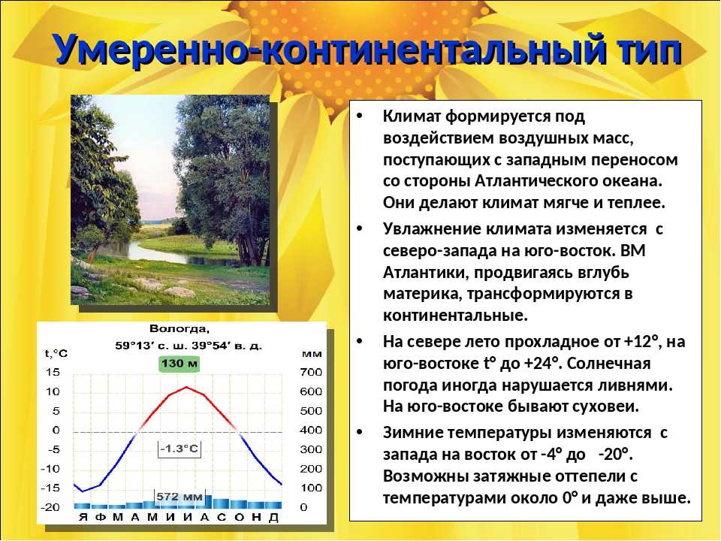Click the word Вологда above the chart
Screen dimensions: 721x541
tap(179, 329)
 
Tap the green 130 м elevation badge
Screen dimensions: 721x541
tap(179, 364)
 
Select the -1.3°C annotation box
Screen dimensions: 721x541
tap(179, 449)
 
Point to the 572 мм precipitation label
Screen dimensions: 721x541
tap(179, 497)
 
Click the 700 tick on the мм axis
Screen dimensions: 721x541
tap(311, 372)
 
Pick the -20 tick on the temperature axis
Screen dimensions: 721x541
tap(50, 507)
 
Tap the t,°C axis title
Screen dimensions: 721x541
tap(56, 354)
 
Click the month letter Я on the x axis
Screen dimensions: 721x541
tap(83, 517)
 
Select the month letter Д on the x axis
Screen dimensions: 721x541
tap(273, 518)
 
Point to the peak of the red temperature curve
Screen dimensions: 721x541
tap(186, 387)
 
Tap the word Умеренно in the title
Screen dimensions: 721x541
tap(153, 50)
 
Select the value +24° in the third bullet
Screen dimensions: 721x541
tap(543, 364)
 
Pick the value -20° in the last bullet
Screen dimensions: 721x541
tap(616, 455)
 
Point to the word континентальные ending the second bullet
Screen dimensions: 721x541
tap(455, 316)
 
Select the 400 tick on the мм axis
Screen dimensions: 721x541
tap(311, 430)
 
